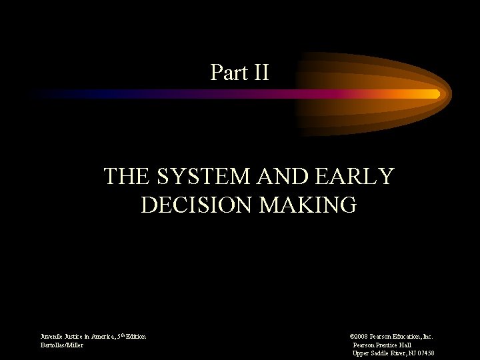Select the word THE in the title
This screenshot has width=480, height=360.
point(127,177)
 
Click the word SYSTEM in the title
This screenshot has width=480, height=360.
point(199,177)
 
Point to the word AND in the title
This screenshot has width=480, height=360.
point(273,177)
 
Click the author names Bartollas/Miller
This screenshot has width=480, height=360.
point(62,345)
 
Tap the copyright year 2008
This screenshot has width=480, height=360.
point(362,337)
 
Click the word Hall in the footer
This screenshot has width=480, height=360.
point(405,345)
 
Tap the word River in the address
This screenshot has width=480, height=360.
point(400,353)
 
